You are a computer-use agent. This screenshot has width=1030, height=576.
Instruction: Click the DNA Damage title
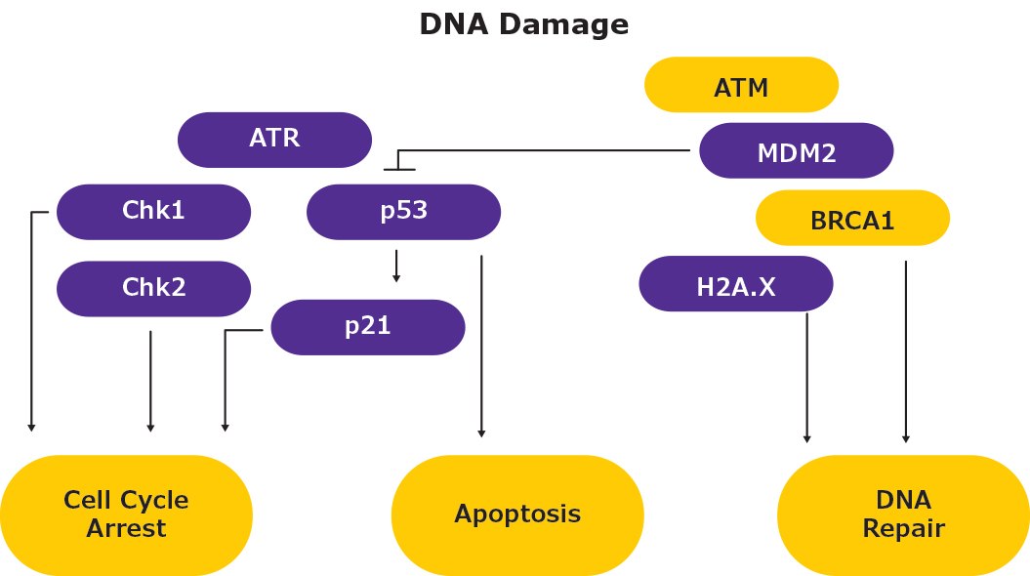[523, 24]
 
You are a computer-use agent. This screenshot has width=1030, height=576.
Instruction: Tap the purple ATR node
[274, 139]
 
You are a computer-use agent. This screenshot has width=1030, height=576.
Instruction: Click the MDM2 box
[797, 151]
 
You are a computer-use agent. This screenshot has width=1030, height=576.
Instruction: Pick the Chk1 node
[153, 211]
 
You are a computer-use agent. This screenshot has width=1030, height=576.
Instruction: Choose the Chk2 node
[153, 288]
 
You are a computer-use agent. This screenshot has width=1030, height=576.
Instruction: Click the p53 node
[403, 211]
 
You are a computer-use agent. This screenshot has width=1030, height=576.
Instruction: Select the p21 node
[367, 326]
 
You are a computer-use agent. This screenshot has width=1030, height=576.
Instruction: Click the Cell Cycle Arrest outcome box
[126, 514]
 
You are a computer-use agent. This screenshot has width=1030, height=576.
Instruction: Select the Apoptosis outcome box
[516, 514]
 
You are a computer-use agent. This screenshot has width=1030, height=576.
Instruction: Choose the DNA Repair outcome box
[903, 514]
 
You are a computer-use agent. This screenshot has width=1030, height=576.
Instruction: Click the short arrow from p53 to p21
[396, 266]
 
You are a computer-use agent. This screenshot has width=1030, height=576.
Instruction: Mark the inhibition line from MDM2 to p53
[547, 151]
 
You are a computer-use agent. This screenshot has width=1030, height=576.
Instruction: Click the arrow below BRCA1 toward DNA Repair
[907, 351]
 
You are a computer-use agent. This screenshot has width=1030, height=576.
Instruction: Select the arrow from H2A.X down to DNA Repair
[807, 376]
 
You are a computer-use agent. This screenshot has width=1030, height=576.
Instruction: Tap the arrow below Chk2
[150, 381]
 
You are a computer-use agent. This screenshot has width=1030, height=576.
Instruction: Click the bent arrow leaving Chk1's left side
[32, 322]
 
